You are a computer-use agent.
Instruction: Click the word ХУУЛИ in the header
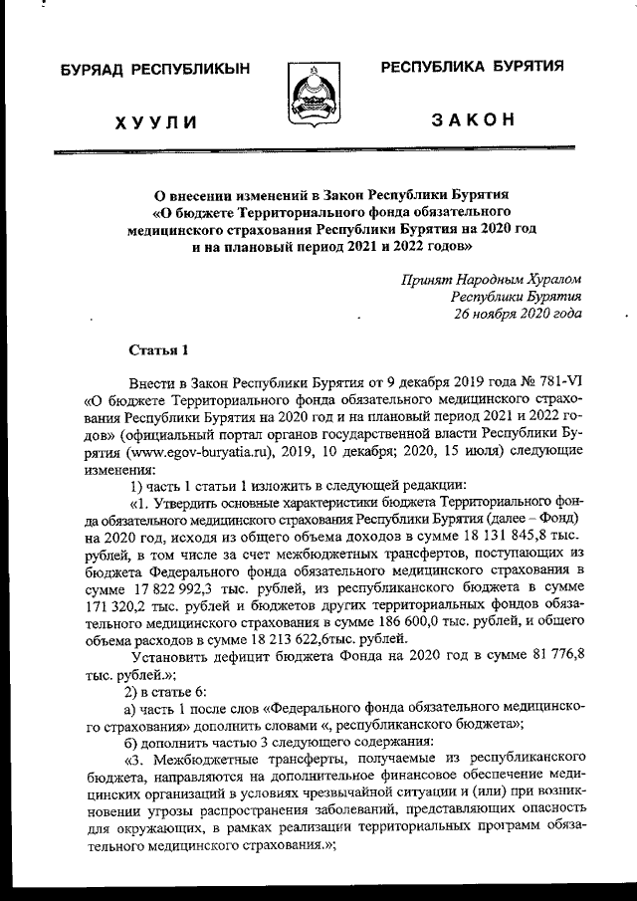tap(155, 122)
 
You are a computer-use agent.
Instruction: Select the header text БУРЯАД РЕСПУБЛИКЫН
tap(155, 70)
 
